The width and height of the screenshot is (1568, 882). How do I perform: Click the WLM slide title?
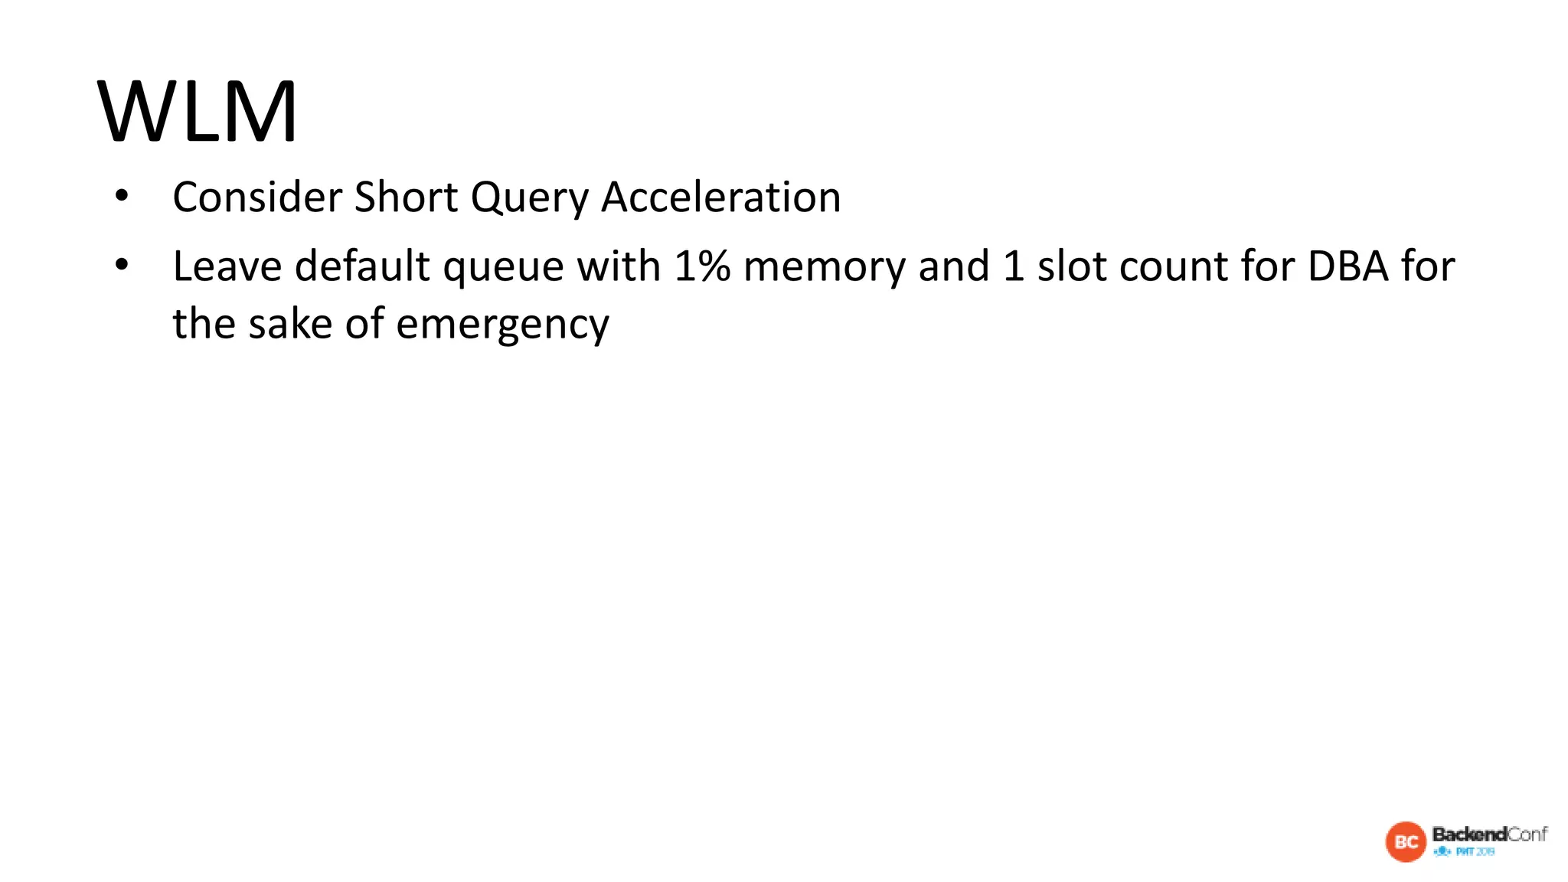[197, 111]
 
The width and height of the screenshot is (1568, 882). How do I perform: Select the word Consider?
[257, 198]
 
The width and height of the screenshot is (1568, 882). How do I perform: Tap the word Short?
[406, 198]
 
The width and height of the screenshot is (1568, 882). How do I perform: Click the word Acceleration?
[720, 198]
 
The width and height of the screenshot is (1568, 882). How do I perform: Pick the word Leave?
[227, 266]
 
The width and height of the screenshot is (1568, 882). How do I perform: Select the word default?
[362, 266]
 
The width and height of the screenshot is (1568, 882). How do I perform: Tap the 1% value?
[702, 266]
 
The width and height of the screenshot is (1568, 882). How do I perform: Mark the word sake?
[290, 324]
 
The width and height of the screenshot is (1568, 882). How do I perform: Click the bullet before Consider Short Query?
[122, 197]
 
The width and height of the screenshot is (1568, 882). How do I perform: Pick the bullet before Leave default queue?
[122, 266]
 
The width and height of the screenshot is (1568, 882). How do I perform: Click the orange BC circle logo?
[1406, 841]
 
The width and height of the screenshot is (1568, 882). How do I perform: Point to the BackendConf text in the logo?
[1489, 834]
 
